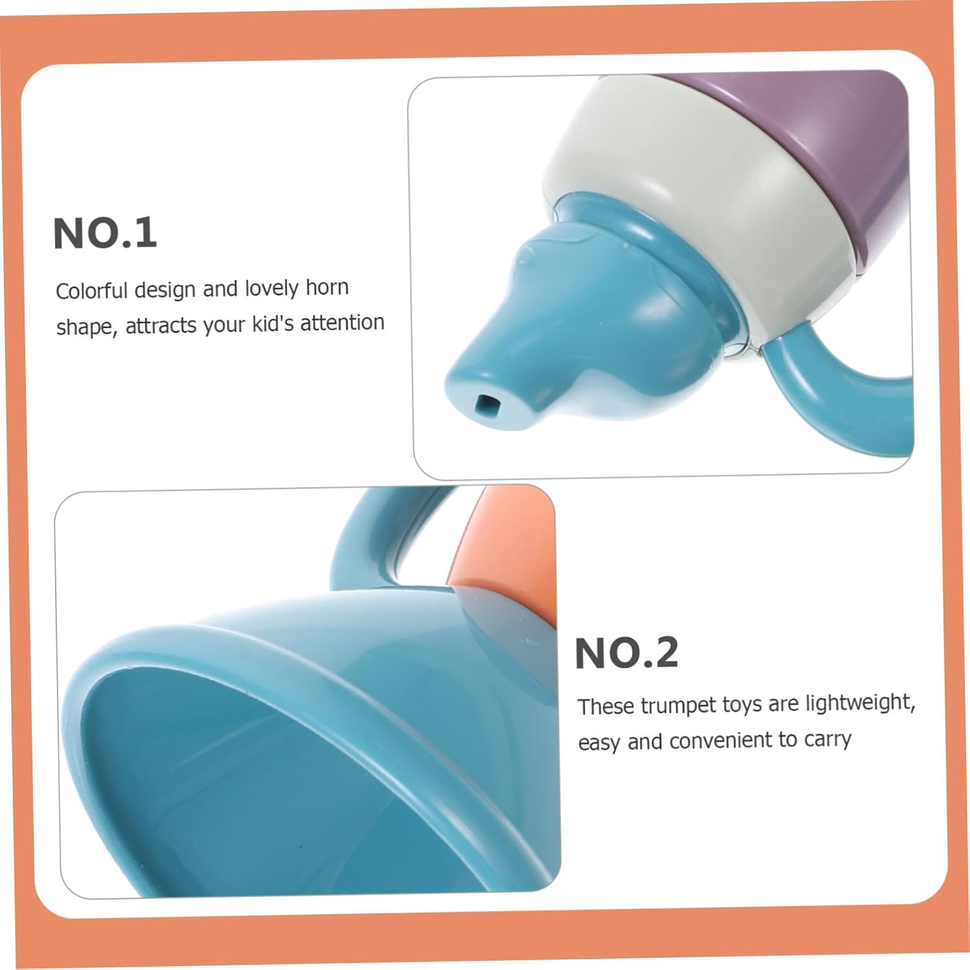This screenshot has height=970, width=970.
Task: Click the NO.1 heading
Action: pyautogui.click(x=105, y=233)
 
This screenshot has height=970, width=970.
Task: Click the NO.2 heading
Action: pyautogui.click(x=627, y=652)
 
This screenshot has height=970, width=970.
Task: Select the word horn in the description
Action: pyautogui.click(x=327, y=287)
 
